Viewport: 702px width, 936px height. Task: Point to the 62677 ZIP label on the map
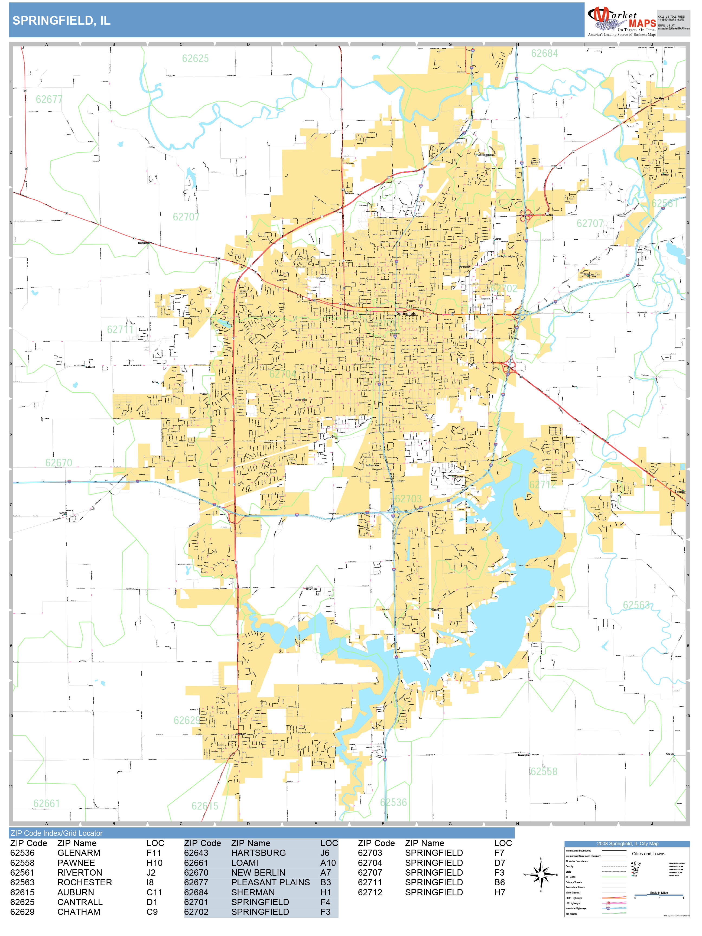pyautogui.click(x=49, y=99)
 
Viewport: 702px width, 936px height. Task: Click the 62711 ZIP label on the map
pyautogui.click(x=120, y=329)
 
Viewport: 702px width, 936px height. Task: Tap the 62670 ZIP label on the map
pyautogui.click(x=59, y=463)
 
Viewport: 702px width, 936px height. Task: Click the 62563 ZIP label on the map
pyautogui.click(x=636, y=605)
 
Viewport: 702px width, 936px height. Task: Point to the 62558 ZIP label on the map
pyautogui.click(x=544, y=771)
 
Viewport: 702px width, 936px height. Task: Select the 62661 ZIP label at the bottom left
pyautogui.click(x=47, y=803)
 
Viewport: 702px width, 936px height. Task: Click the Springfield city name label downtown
pyautogui.click(x=406, y=314)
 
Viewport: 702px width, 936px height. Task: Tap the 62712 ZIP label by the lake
pyautogui.click(x=542, y=485)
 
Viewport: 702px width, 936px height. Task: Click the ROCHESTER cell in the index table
pyautogui.click(x=84, y=882)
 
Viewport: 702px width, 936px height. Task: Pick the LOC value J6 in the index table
pyautogui.click(x=324, y=853)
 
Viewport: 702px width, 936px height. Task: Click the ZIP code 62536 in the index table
pyautogui.click(x=22, y=853)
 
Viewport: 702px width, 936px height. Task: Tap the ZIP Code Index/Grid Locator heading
pyautogui.click(x=57, y=833)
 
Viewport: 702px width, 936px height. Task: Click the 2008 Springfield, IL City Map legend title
pyautogui.click(x=627, y=843)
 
